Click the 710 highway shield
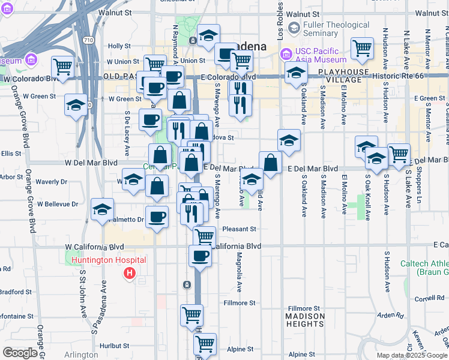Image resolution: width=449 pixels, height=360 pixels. (89, 40)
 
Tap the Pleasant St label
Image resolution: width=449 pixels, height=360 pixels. (239, 229)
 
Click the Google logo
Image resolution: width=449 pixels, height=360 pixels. (20, 353)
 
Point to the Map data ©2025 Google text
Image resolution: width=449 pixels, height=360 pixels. (412, 355)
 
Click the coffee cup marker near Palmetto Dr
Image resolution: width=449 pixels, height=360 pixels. (158, 217)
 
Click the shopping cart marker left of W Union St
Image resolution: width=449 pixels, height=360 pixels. (62, 66)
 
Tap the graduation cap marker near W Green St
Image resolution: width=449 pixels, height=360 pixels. (76, 106)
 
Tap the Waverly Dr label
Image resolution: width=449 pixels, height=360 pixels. (51, 182)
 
